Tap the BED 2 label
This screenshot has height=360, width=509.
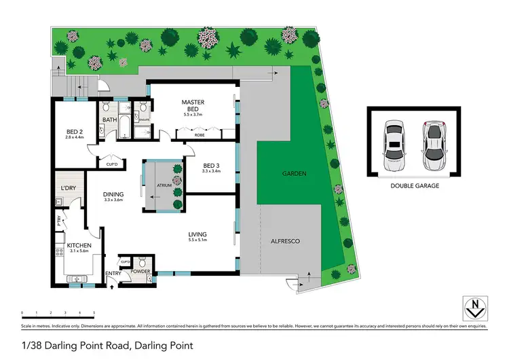75,132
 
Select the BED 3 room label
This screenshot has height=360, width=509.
212,165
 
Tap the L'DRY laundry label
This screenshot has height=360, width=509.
68,187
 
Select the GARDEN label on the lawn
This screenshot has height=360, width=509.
295,175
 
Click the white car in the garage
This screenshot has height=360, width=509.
393,146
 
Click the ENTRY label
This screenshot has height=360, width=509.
112,274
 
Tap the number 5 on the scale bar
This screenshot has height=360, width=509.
94,313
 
